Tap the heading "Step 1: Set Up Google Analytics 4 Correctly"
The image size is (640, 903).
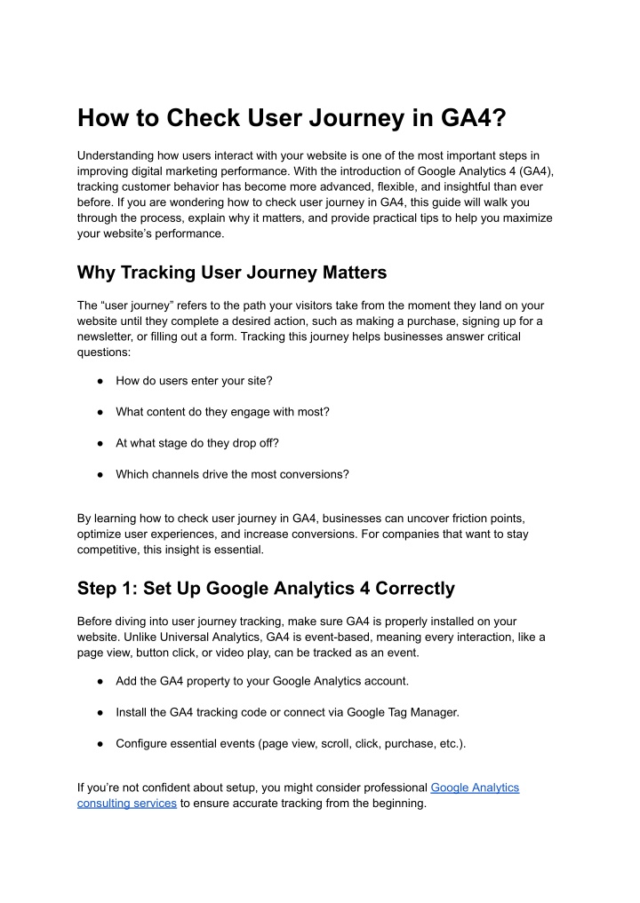(x=266, y=588)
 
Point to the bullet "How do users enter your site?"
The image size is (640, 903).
(x=194, y=380)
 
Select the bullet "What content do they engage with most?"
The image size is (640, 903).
(x=222, y=412)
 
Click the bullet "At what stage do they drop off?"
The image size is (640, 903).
(x=203, y=443)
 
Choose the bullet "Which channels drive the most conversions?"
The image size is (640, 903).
(x=232, y=474)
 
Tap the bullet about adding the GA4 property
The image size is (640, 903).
(x=262, y=681)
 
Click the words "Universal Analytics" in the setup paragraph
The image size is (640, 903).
(x=252, y=638)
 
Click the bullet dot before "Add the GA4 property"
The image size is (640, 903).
(x=103, y=681)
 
